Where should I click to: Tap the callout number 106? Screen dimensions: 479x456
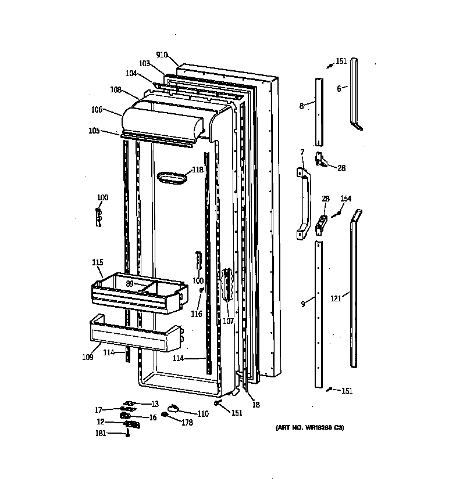pos(97,109)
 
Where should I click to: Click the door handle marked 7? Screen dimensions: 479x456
pos(304,201)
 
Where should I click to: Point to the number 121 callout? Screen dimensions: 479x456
pos(336,298)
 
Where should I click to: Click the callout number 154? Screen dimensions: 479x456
pos(345,199)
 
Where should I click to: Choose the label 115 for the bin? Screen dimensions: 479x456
pos(98,262)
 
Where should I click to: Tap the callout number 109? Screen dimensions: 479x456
pos(87,357)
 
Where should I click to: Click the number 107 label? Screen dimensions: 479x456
pos(228,321)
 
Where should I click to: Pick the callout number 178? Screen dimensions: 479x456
pos(186,423)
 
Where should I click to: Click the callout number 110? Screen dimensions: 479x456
pos(202,413)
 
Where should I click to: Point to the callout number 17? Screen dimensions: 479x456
pos(98,410)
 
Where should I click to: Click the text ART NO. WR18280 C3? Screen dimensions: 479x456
pos(310,428)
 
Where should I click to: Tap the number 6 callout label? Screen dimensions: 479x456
pos(339,88)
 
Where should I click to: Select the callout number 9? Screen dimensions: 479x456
pos(303,303)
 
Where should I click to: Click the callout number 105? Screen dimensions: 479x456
pos(94,131)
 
